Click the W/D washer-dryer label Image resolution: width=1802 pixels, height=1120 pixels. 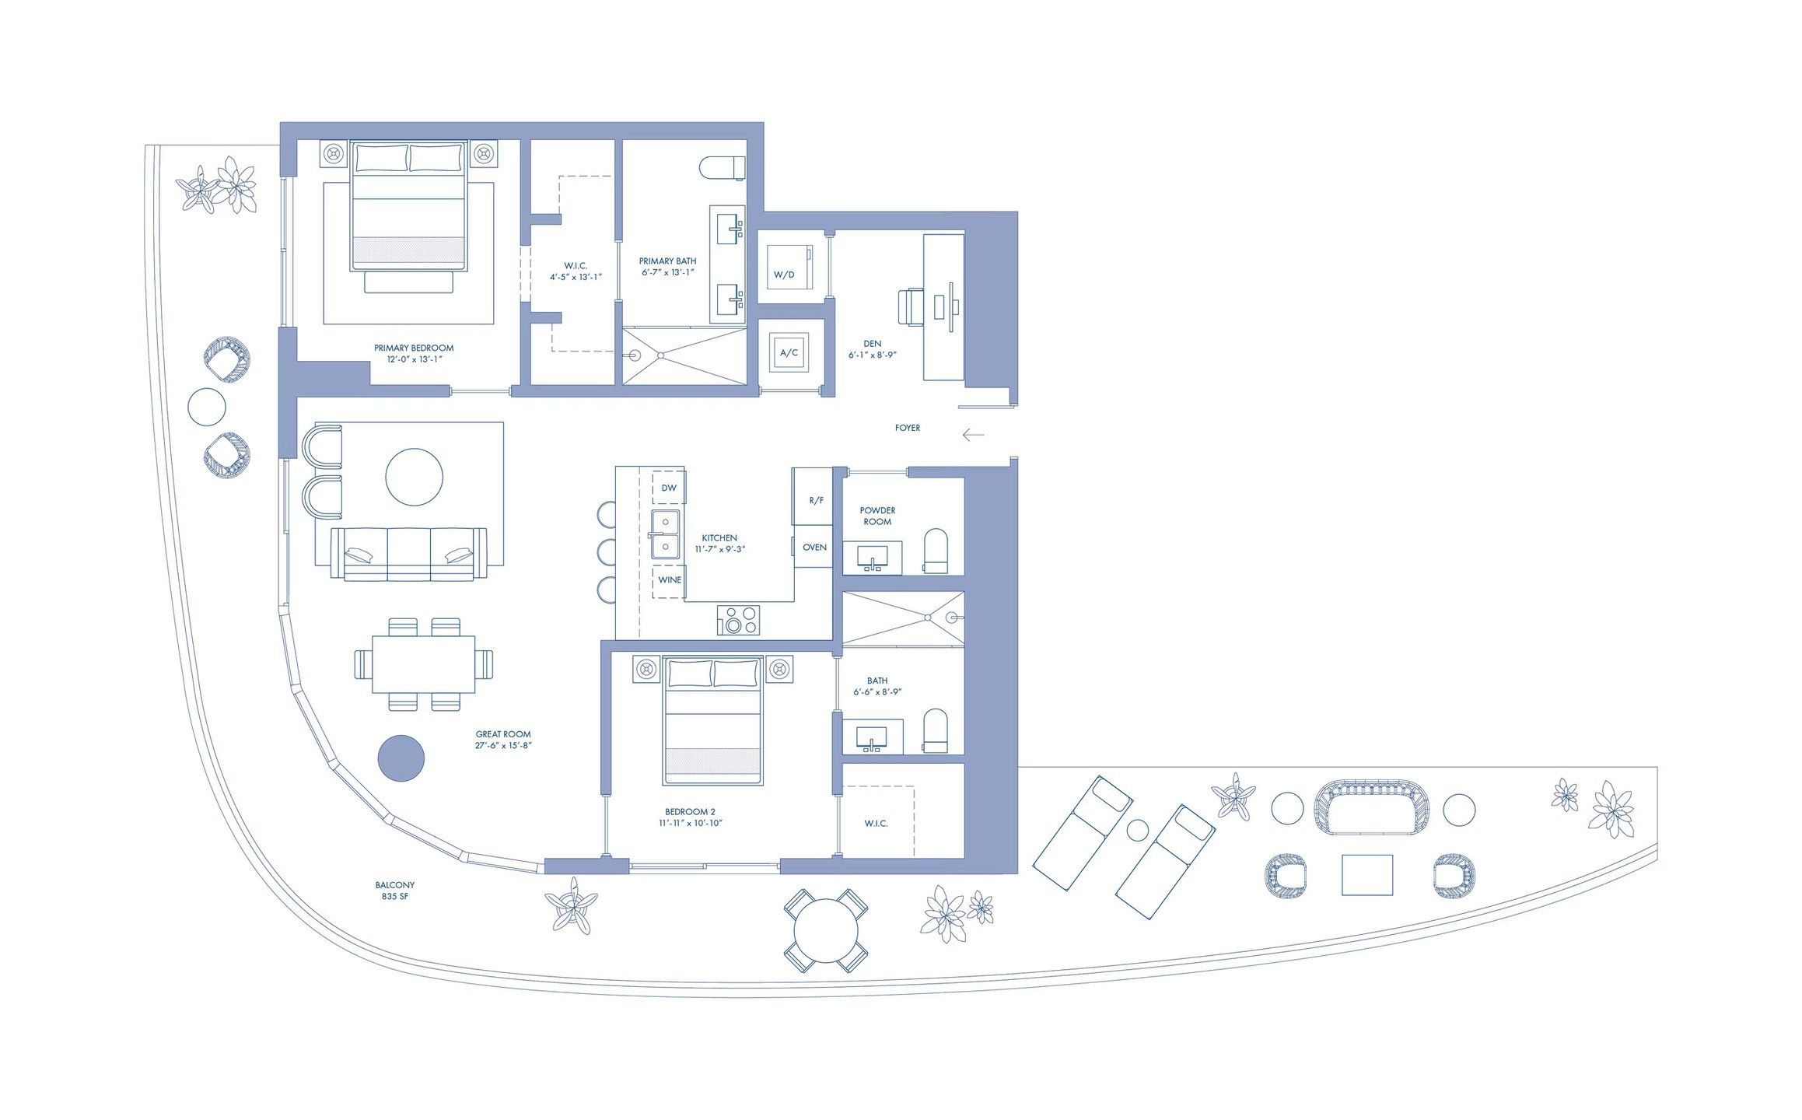point(783,275)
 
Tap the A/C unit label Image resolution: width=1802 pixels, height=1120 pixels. point(789,353)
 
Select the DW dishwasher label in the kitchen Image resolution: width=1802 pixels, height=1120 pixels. point(669,488)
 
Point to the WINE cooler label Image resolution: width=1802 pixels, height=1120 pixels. point(669,580)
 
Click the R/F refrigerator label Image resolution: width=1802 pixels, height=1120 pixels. point(816,501)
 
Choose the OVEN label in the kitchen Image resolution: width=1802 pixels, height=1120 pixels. point(814,548)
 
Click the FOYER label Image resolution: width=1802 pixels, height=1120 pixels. point(907,428)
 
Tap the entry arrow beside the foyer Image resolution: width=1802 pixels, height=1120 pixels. point(973,435)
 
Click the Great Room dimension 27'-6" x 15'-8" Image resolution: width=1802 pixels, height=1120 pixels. point(503,745)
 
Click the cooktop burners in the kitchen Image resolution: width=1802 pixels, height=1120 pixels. point(738,620)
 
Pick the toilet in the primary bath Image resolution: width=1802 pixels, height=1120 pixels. point(722,167)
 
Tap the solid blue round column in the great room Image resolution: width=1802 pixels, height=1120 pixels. point(401,758)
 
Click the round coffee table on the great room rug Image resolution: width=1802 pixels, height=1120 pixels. point(415,477)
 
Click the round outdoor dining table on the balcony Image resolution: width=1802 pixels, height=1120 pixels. point(826,930)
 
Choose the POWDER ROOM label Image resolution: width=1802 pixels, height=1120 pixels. point(877,516)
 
